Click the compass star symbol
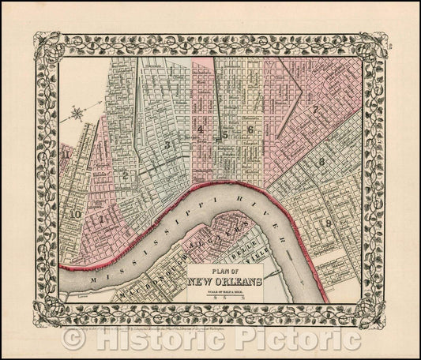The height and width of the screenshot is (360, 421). pyautogui.click(x=77, y=115)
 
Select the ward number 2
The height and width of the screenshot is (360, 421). pyautogui.click(x=126, y=174)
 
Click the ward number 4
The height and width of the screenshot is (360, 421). pyautogui.click(x=201, y=129)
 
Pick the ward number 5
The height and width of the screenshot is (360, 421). pyautogui.click(x=225, y=134)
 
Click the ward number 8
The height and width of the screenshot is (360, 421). pyautogui.click(x=321, y=163)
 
